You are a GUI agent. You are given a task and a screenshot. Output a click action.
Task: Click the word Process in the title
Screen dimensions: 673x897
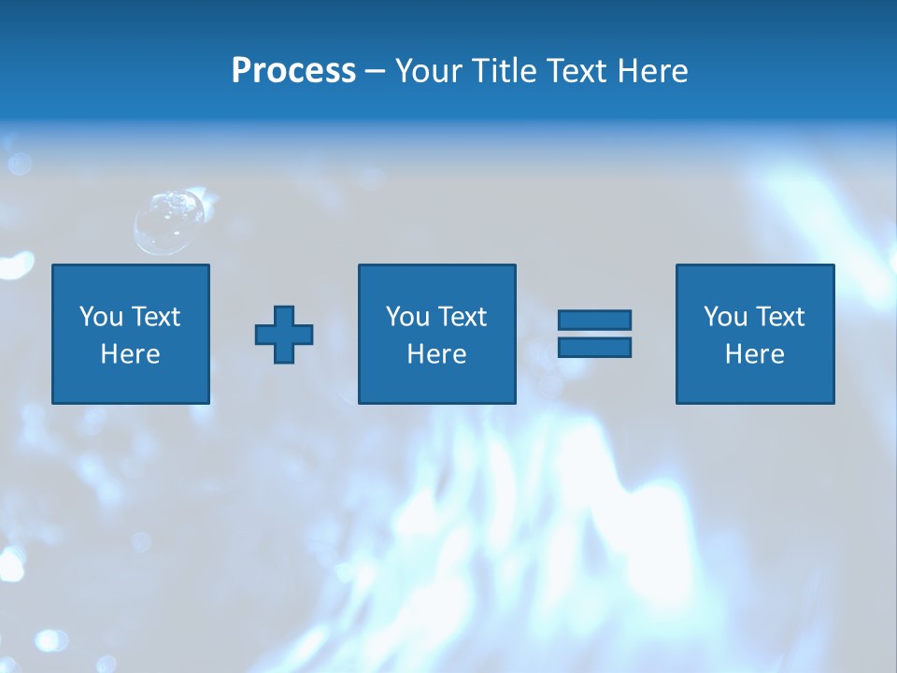[293, 71]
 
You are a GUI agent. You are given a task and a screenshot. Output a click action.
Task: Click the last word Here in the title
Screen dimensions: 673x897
[651, 71]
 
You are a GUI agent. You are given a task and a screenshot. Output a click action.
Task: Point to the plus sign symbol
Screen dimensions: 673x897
[284, 335]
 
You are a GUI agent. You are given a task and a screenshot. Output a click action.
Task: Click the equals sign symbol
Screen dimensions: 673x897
[594, 334]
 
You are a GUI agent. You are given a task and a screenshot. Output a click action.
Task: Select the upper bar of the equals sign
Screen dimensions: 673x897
[594, 321]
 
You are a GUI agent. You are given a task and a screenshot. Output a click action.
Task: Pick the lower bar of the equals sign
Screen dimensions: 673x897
[594, 347]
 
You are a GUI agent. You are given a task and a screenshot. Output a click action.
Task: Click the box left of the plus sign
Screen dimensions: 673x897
[131, 334]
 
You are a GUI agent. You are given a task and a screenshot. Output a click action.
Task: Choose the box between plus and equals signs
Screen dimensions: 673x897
[436, 334]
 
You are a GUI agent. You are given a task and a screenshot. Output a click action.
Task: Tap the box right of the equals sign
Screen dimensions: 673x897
[755, 334]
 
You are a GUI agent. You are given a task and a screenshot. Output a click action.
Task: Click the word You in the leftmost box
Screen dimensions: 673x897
[101, 317]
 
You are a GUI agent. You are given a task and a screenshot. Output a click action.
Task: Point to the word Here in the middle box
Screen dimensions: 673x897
[436, 354]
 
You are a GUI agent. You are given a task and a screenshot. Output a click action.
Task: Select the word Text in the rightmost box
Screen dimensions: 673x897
[780, 317]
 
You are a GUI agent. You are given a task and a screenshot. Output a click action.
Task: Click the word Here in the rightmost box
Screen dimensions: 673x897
[755, 354]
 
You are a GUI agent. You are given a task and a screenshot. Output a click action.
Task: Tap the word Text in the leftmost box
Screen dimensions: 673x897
[155, 317]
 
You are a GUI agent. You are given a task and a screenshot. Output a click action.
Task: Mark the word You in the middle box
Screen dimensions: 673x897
[407, 317]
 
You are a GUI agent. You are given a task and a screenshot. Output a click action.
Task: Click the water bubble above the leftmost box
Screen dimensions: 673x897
[169, 221]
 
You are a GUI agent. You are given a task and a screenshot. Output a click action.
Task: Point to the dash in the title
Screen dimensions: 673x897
[376, 71]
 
